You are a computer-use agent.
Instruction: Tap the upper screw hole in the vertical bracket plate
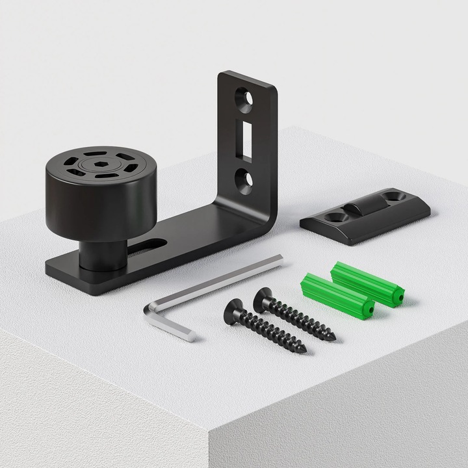pyautogui.click(x=245, y=99)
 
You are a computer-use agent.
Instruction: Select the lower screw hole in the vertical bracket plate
pyautogui.click(x=244, y=179)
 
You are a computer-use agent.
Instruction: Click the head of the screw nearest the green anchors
pyautogui.click(x=263, y=298)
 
